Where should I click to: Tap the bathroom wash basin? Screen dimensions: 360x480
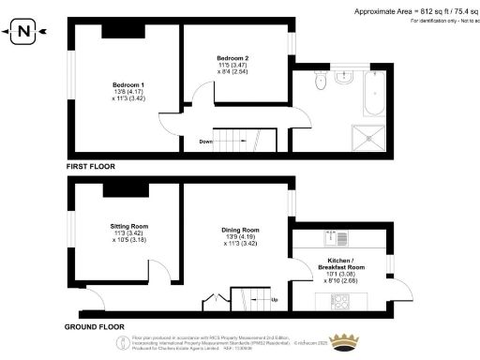click(342, 81)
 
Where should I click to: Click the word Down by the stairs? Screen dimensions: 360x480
click(205, 142)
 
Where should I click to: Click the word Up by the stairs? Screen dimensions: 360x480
click(274, 300)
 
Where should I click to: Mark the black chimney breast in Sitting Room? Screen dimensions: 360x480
click(121, 191)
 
